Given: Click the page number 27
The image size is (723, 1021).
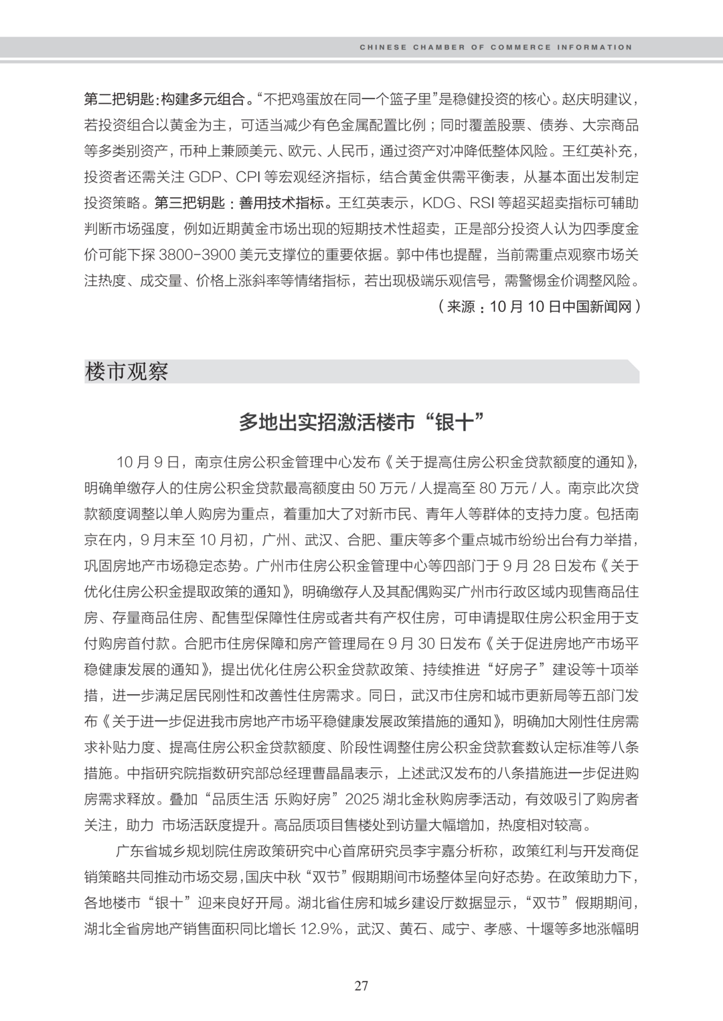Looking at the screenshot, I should [x=361, y=986].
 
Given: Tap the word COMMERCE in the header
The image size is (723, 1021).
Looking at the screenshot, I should [x=521, y=48].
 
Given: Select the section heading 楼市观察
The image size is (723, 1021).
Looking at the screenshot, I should [x=127, y=372].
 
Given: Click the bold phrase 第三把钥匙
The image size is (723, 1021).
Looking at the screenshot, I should [x=188, y=202].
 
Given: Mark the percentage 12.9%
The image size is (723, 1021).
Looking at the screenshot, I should [x=319, y=929].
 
